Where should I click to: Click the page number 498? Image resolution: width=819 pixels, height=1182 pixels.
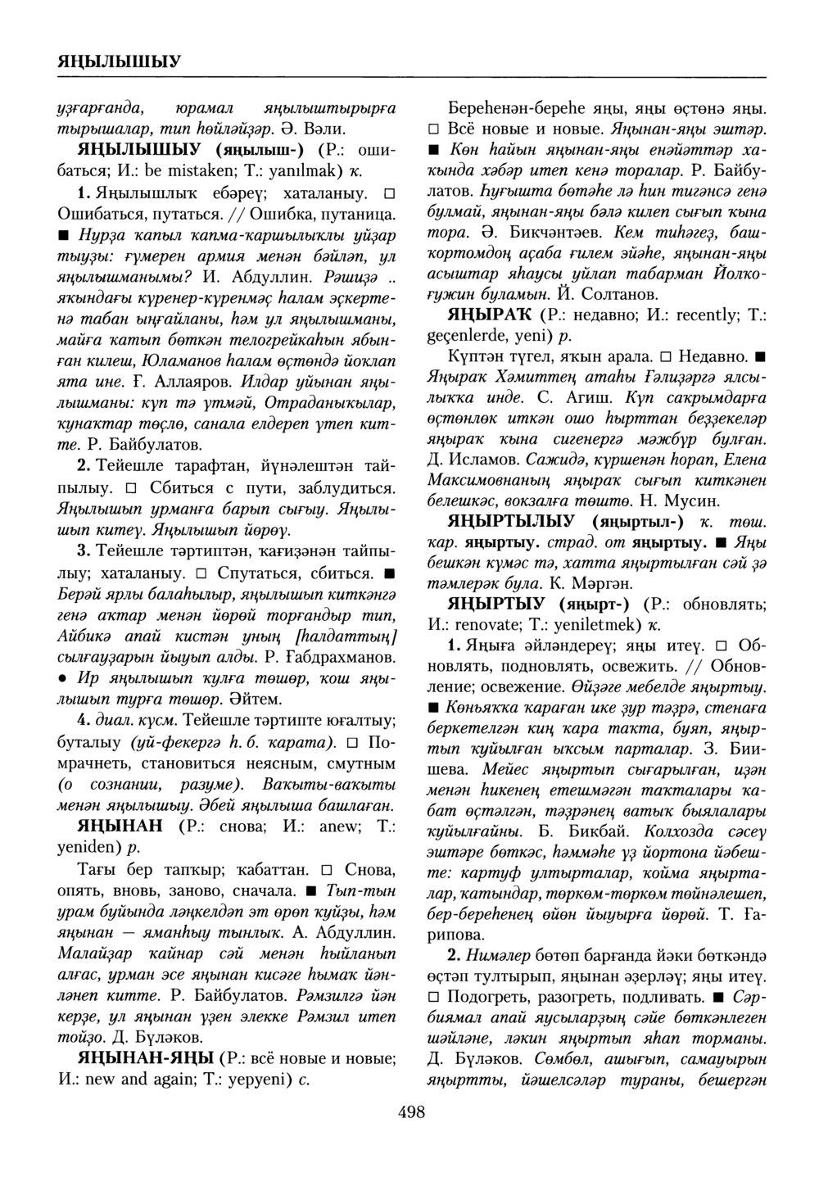[410, 1112]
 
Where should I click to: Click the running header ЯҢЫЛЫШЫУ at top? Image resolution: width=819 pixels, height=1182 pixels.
[120, 61]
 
